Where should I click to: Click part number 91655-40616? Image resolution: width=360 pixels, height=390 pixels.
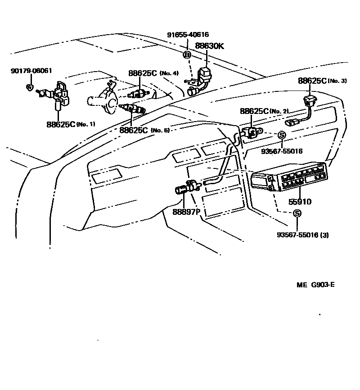[x=188, y=35]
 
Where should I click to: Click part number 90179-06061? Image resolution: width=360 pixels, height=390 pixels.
[x=31, y=71]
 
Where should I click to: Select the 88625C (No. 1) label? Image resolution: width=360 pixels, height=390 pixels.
[x=71, y=124]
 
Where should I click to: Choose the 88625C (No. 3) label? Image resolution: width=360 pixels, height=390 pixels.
[x=322, y=81]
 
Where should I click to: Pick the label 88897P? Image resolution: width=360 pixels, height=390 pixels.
[x=186, y=211]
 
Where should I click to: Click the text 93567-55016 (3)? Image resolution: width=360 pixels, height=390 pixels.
[x=302, y=235]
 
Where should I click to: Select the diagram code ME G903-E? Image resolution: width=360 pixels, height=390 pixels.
[x=315, y=285]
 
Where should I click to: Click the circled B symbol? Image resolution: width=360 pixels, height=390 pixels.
[x=187, y=55]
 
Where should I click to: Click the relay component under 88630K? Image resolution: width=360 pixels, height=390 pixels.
[x=205, y=74]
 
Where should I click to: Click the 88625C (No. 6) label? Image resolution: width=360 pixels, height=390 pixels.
[x=144, y=130]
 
